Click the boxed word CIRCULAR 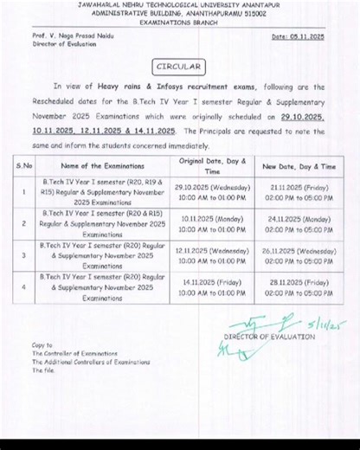coord(180,66)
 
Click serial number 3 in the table coord(24,255)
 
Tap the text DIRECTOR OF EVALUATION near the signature coord(269,336)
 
